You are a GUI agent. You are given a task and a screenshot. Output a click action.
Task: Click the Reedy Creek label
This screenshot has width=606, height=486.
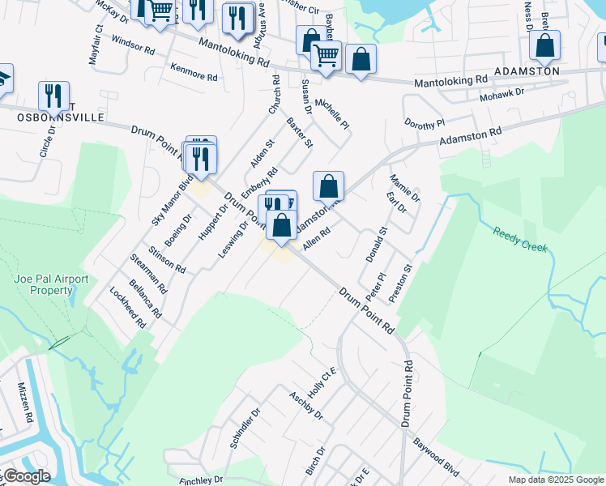point(519,238)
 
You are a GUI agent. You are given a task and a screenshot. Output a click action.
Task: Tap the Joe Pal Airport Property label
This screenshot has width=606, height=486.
point(51,283)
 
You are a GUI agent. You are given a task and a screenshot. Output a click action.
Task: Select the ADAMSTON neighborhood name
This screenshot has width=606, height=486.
point(532,71)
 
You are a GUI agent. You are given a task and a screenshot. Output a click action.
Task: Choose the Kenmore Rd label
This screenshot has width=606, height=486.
point(194,71)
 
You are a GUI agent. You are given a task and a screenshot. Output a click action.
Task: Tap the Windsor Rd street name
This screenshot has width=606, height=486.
point(133,44)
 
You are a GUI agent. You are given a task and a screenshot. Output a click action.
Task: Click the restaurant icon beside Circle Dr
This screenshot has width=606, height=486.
point(53,97)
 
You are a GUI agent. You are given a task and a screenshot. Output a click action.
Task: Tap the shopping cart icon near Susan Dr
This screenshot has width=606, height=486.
point(326,56)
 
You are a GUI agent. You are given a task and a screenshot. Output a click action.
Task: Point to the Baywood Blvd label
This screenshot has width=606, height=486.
point(437,455)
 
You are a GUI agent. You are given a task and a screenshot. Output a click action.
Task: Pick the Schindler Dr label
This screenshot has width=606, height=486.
point(245,428)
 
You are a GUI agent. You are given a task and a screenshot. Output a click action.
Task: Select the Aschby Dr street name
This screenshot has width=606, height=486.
point(306,404)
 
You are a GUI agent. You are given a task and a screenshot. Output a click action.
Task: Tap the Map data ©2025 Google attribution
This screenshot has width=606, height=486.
point(556,480)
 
